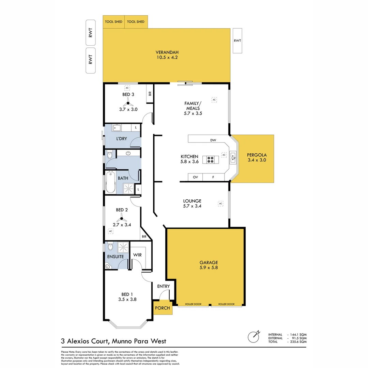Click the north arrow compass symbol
(x=254, y=337)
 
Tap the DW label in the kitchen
(x=213, y=140)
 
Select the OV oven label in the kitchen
(x=195, y=177)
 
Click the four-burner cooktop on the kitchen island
(x=209, y=159)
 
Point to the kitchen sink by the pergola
(x=233, y=157)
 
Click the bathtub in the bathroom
(x=110, y=183)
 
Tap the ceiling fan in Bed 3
(x=128, y=103)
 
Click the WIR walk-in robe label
(x=137, y=255)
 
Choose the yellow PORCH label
(x=162, y=308)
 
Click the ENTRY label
(x=163, y=286)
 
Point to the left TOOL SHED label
(x=113, y=22)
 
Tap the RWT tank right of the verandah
(x=237, y=41)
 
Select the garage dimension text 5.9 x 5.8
(x=209, y=268)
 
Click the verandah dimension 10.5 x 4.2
(x=167, y=58)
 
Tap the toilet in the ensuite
(x=110, y=246)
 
